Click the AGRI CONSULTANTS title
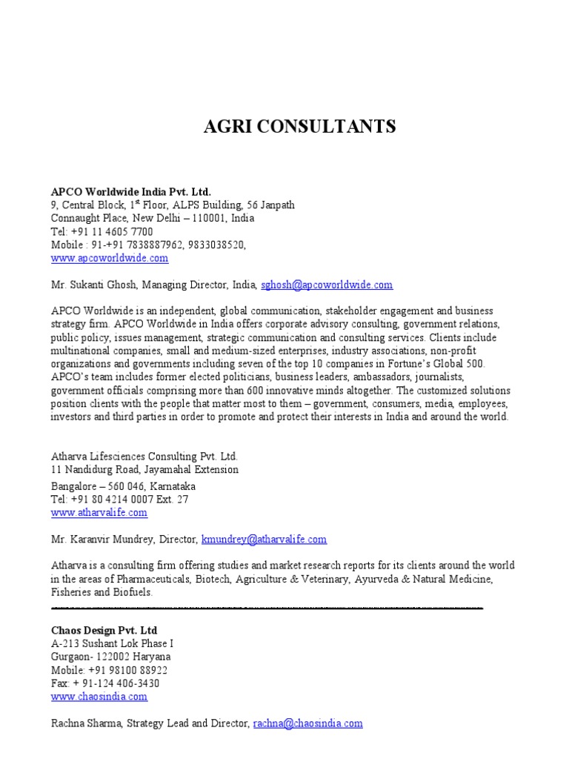pos(300,127)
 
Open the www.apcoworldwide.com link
pos(110,259)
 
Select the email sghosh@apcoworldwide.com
pos(327,285)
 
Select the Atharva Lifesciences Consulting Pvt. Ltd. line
pos(144,457)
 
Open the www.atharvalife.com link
pos(99,512)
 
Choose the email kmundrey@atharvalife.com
pos(264,540)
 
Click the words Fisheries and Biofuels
pos(102,592)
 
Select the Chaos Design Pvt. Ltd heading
pos(104,630)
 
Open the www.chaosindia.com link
pos(99,697)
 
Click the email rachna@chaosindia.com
pos(307,723)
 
